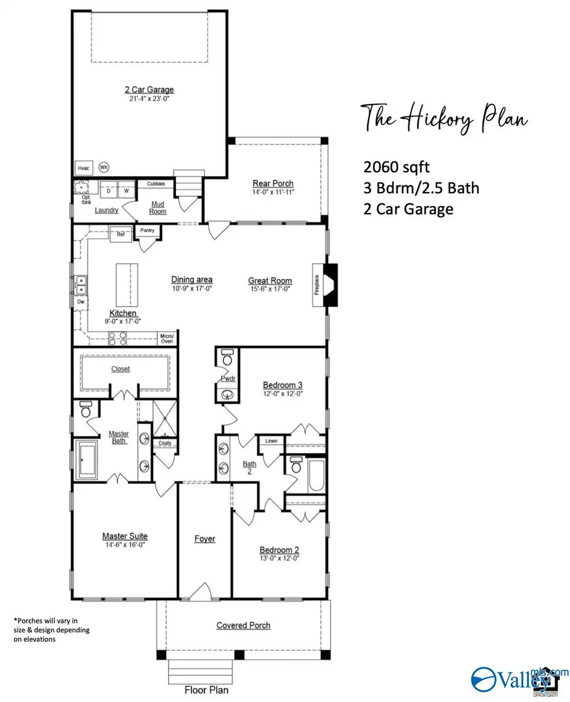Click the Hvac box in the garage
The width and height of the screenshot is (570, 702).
[x=84, y=168]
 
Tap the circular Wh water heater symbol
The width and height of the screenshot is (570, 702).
[x=104, y=168]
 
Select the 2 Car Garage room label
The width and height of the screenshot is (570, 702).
[x=149, y=90]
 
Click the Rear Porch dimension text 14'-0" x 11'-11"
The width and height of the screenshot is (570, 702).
[x=273, y=192]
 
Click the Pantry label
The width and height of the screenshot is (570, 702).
[x=148, y=231]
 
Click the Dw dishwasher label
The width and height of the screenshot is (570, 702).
[x=80, y=303]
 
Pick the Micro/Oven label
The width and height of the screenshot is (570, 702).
[x=167, y=338]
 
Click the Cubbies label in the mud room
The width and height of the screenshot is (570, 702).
[x=156, y=184]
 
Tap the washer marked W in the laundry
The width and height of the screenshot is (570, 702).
[x=126, y=190]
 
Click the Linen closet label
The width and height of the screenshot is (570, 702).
[x=271, y=440]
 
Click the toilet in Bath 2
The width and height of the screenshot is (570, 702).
[x=295, y=467]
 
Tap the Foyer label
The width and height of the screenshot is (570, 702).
[x=205, y=539]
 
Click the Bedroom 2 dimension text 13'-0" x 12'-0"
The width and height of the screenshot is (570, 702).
[x=279, y=558]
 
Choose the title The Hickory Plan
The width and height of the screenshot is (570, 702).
[x=444, y=118]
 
